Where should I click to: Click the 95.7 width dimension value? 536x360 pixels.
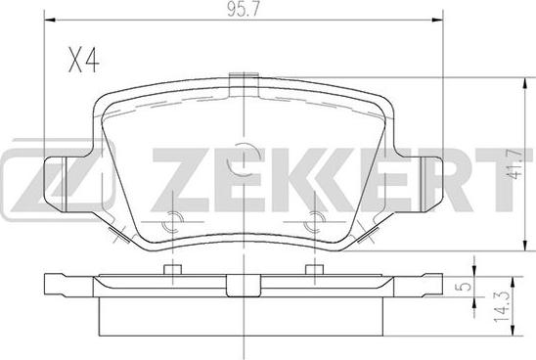244,10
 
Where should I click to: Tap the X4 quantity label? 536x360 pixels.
84,61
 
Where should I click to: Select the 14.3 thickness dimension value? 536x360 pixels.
502,308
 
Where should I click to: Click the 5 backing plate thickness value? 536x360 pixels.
465,286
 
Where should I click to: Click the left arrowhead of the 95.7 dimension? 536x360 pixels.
50,21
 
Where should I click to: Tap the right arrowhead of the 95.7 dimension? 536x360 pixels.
437,21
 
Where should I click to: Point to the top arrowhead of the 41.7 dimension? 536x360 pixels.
525,83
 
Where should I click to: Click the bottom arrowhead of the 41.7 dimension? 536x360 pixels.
525,246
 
